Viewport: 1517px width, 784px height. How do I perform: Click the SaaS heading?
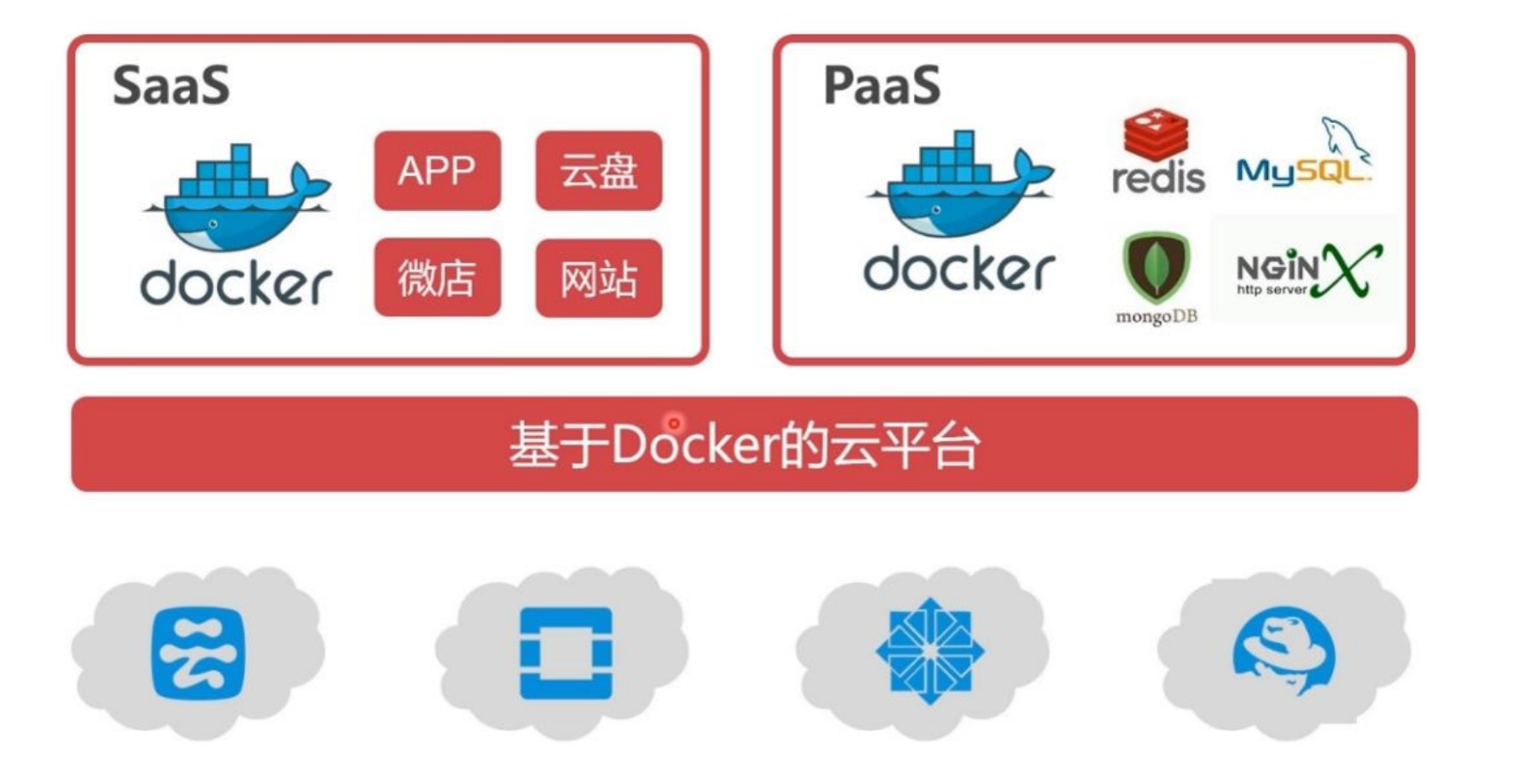(171, 85)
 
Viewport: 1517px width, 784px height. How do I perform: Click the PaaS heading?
(882, 85)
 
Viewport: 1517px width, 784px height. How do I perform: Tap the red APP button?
(437, 171)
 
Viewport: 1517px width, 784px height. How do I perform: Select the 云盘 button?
(599, 171)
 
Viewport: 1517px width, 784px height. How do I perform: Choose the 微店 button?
(437, 278)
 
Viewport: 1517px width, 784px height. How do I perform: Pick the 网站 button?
(599, 278)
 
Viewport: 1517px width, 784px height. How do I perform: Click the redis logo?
(1158, 153)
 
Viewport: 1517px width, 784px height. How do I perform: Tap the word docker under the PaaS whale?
(959, 270)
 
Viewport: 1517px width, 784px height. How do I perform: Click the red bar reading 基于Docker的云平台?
(744, 444)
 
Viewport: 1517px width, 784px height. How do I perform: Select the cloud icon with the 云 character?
(198, 654)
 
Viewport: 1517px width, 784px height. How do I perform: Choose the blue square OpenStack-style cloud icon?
(566, 653)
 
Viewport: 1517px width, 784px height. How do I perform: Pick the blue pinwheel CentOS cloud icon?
(930, 651)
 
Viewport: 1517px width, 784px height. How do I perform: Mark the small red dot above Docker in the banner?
(674, 423)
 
